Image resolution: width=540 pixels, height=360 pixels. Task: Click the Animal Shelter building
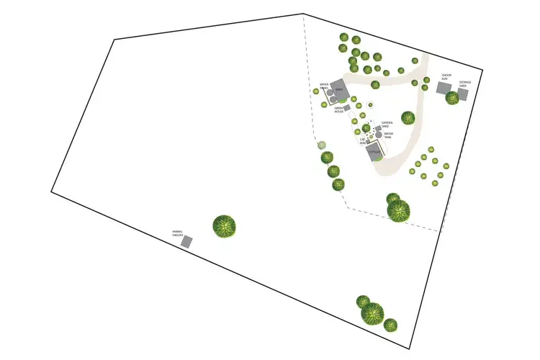[x=186, y=243]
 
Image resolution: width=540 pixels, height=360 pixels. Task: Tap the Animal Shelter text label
[x=178, y=233]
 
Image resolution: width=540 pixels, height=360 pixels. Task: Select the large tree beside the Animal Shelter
[x=225, y=227]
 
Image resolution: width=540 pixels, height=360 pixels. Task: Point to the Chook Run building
[x=444, y=87]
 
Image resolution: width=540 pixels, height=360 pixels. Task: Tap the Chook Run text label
[x=446, y=76]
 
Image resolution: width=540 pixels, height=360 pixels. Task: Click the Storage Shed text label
[x=465, y=84]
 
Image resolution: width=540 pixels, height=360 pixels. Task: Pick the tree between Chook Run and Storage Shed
[x=452, y=97]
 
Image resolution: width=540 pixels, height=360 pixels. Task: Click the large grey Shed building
[x=341, y=89]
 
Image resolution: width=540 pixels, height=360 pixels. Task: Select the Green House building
[x=346, y=108]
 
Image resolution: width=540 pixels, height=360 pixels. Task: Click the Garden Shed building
[x=377, y=128]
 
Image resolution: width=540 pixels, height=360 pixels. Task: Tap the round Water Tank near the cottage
[x=379, y=135]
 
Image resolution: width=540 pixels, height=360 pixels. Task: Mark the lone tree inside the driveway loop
[x=408, y=117]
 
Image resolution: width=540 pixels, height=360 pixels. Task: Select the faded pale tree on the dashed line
[x=322, y=145]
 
